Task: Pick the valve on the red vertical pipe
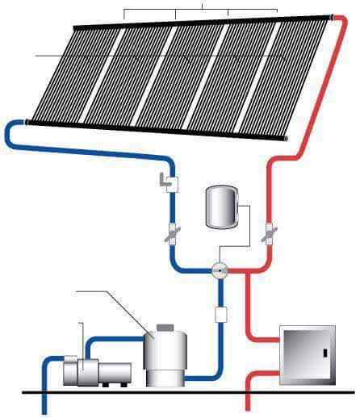268,234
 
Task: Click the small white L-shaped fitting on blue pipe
170,183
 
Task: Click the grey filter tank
165,355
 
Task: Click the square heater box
306,354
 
